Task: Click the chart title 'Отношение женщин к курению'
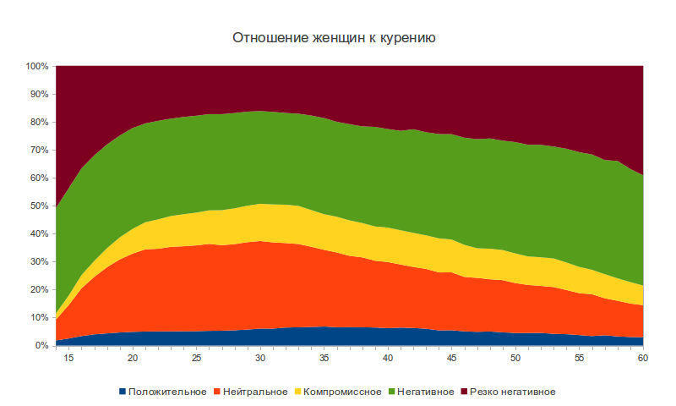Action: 333,38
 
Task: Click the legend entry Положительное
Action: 167,392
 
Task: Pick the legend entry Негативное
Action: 422,392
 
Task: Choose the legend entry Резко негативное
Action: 510,392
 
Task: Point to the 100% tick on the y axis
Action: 38,66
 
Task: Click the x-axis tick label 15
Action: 68,359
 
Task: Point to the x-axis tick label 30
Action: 260,359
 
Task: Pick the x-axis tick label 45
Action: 452,359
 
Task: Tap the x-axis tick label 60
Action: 643,359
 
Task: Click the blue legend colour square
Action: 123,392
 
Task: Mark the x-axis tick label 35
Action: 324,359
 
